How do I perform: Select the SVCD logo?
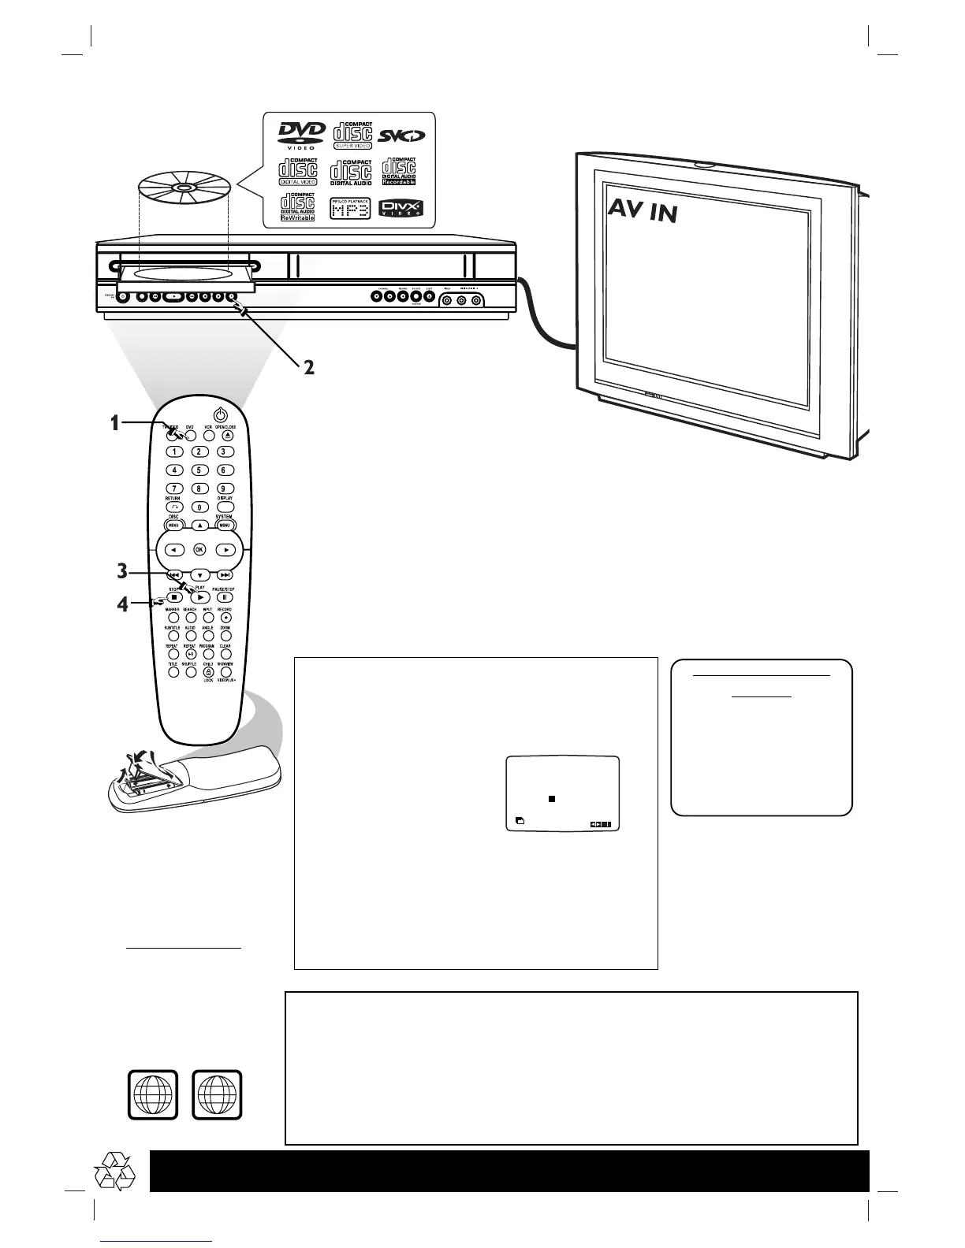tap(401, 135)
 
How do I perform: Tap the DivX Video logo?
tap(402, 209)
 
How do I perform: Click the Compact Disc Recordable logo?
tap(399, 171)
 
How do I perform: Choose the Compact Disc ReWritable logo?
tap(298, 207)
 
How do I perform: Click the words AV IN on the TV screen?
tap(643, 210)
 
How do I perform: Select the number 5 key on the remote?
tap(199, 470)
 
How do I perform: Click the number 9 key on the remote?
tap(225, 489)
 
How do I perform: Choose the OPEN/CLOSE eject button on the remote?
tap(226, 434)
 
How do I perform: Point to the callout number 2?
tap(310, 368)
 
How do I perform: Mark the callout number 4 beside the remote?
tap(122, 605)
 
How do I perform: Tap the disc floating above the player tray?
tap(183, 189)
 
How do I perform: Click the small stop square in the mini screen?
tap(553, 799)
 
